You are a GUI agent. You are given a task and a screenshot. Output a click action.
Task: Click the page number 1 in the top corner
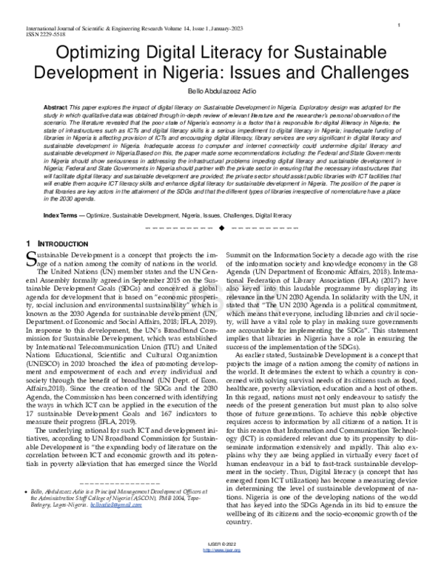pyautogui.click(x=399, y=26)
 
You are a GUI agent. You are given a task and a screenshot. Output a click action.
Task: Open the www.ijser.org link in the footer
pyautogui.click(x=221, y=567)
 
